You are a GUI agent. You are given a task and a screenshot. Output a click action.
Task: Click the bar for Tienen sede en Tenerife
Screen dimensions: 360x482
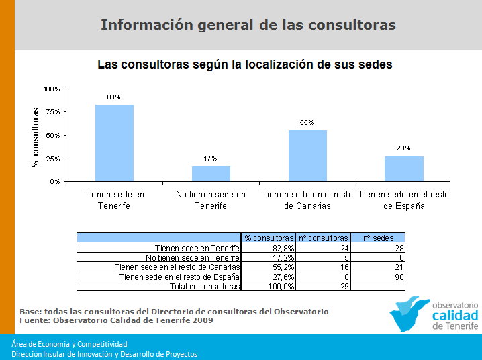click(114, 143)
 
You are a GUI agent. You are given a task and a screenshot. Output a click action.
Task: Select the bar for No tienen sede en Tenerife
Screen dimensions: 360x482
click(211, 173)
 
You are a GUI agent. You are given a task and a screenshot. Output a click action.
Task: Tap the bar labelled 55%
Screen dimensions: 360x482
click(307, 156)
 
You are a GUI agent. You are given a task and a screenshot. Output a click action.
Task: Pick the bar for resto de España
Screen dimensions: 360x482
click(404, 169)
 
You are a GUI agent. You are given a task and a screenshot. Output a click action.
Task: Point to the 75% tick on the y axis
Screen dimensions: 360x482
click(52, 112)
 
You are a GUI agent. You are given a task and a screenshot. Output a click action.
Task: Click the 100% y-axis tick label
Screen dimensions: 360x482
click(52, 89)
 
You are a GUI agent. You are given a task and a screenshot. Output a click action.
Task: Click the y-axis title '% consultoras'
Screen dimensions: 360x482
click(36, 137)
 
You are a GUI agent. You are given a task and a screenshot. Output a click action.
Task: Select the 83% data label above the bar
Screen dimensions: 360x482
click(113, 97)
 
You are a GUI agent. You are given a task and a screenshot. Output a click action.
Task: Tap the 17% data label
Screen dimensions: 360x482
click(210, 159)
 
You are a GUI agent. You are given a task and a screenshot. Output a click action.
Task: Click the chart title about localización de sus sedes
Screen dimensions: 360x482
click(245, 65)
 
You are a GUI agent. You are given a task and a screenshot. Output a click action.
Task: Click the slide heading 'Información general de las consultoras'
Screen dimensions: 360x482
click(248, 26)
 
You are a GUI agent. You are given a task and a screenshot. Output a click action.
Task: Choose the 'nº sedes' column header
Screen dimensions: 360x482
click(377, 238)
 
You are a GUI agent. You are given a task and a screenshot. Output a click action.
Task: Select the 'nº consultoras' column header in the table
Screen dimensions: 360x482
click(323, 238)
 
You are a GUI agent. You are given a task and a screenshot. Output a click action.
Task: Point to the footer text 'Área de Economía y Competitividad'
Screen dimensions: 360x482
click(69, 344)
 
